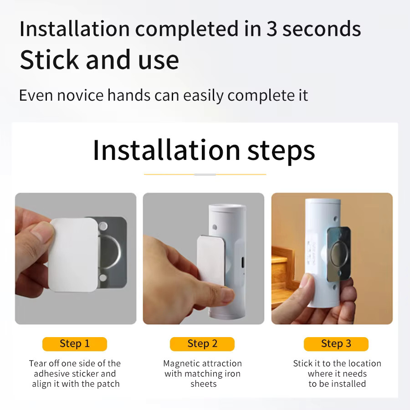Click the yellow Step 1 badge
pos(75,344)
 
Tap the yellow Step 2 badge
pos(202,344)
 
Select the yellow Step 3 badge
pos(336,344)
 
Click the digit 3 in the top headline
pos(272,29)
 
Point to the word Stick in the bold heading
pos(49,60)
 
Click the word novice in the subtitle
pos(80,95)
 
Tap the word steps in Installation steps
pos(281,151)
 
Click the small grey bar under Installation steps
pos(205,174)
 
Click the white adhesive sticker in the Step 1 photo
pos(74,255)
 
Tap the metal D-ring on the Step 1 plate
pos(111,252)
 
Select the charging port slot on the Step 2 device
pos(243,262)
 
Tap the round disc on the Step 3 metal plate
pos(339,253)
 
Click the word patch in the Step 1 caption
pos(108,384)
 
